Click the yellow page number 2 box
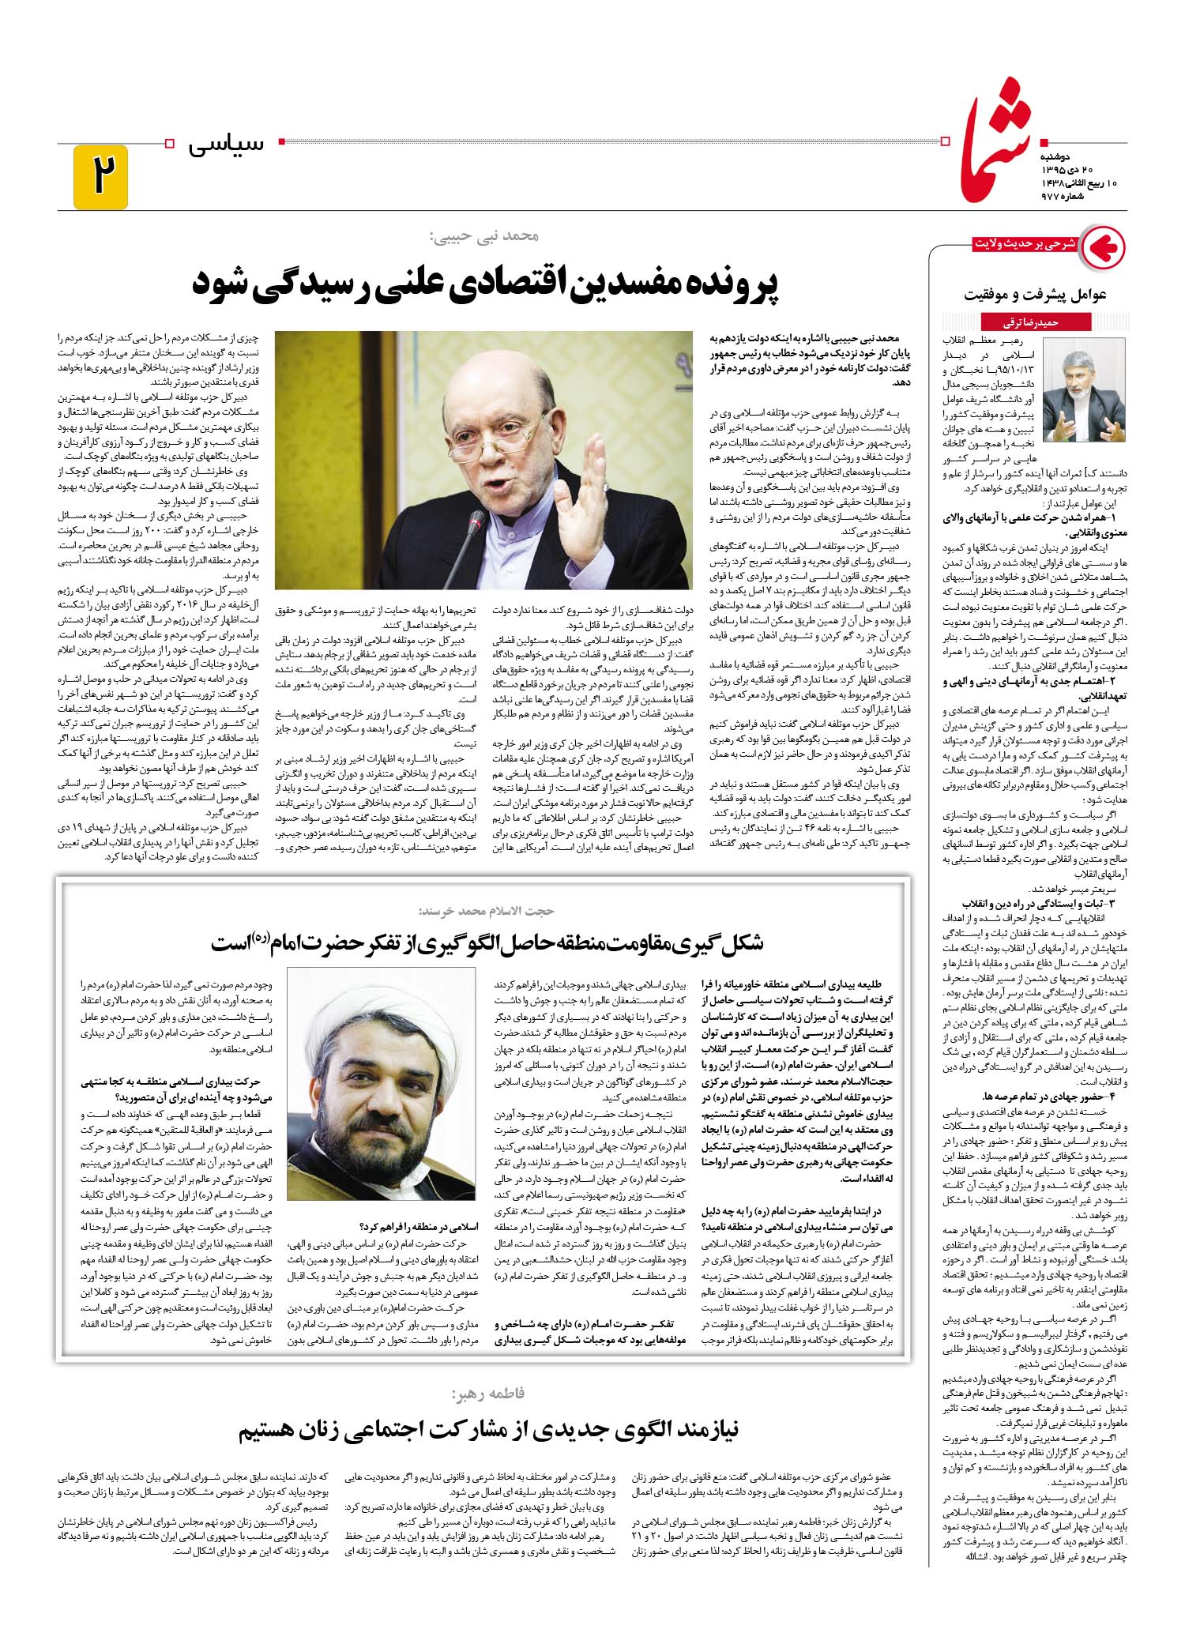tap(100, 177)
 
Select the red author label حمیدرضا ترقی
tap(1025, 322)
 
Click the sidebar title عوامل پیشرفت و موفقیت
tap(1035, 295)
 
